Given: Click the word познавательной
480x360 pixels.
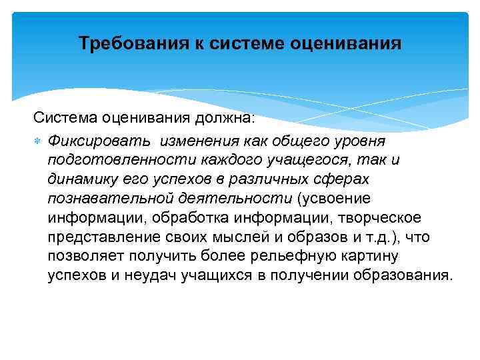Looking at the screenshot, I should coord(110,199).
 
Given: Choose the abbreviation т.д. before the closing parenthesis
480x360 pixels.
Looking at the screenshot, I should coord(365,237).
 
